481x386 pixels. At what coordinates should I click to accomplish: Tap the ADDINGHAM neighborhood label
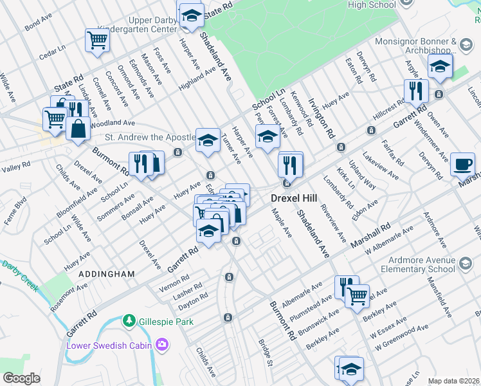coord(106,274)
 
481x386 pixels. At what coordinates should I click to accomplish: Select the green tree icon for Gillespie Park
coord(129,320)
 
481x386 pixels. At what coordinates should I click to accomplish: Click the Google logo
coord(21,378)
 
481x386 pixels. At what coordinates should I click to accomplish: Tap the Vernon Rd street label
coord(176,277)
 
